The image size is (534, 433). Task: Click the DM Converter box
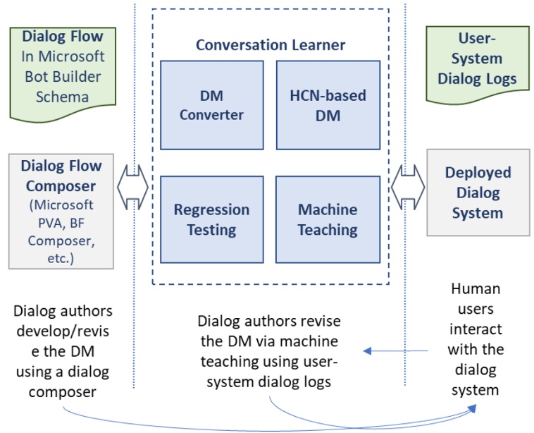pyautogui.click(x=211, y=104)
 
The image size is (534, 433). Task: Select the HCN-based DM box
pyautogui.click(x=328, y=104)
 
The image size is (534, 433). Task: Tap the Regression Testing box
pyautogui.click(x=211, y=219)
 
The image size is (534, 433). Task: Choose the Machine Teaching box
pyautogui.click(x=328, y=219)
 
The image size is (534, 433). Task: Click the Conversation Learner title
pyautogui.click(x=271, y=45)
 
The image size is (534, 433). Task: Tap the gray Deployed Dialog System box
pyautogui.click(x=478, y=192)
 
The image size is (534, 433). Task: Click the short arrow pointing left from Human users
pyautogui.click(x=395, y=350)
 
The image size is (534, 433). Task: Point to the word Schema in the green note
pyautogui.click(x=62, y=96)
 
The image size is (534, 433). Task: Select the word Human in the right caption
pyautogui.click(x=476, y=289)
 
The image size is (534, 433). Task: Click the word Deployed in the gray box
pyautogui.click(x=478, y=173)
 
